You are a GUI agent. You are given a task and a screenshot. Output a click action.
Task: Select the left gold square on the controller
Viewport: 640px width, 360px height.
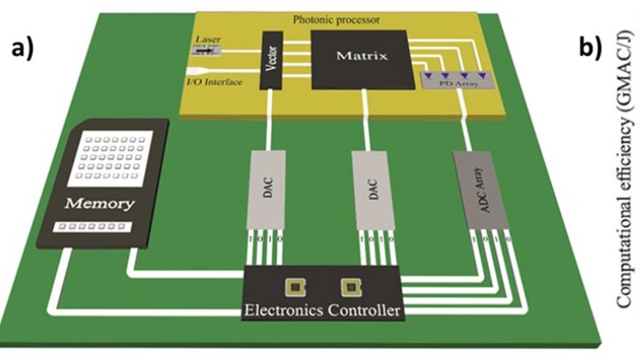pyautogui.click(x=291, y=286)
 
